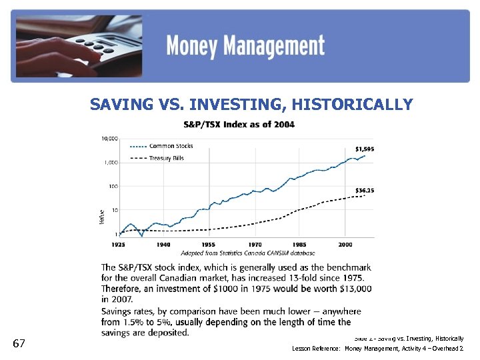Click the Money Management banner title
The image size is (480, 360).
(x=245, y=47)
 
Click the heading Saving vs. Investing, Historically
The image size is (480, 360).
(x=251, y=105)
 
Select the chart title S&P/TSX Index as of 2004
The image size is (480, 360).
(x=239, y=125)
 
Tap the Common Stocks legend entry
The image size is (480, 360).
(x=171, y=146)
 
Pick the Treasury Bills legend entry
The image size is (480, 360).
(x=167, y=158)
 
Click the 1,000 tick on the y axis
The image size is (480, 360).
(x=111, y=162)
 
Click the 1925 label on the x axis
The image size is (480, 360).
(x=118, y=245)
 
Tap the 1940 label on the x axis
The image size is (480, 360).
(x=163, y=245)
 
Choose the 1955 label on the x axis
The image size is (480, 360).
(x=209, y=245)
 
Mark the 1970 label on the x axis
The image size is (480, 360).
(x=254, y=245)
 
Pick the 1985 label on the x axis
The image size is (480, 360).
(x=299, y=245)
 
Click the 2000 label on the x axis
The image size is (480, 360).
(x=345, y=245)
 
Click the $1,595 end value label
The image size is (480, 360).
(x=364, y=149)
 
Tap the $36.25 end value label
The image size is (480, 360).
(x=364, y=191)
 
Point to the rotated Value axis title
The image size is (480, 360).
(x=102, y=216)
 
